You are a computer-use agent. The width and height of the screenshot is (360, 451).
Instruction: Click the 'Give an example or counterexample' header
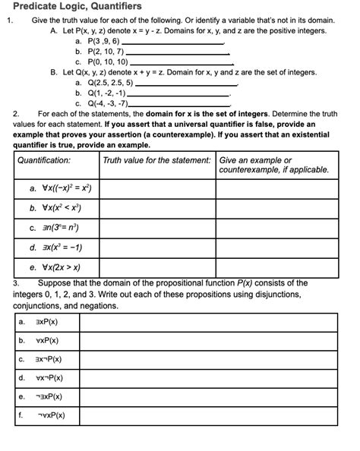273,166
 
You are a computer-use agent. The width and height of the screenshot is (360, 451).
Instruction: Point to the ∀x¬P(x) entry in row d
49,377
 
